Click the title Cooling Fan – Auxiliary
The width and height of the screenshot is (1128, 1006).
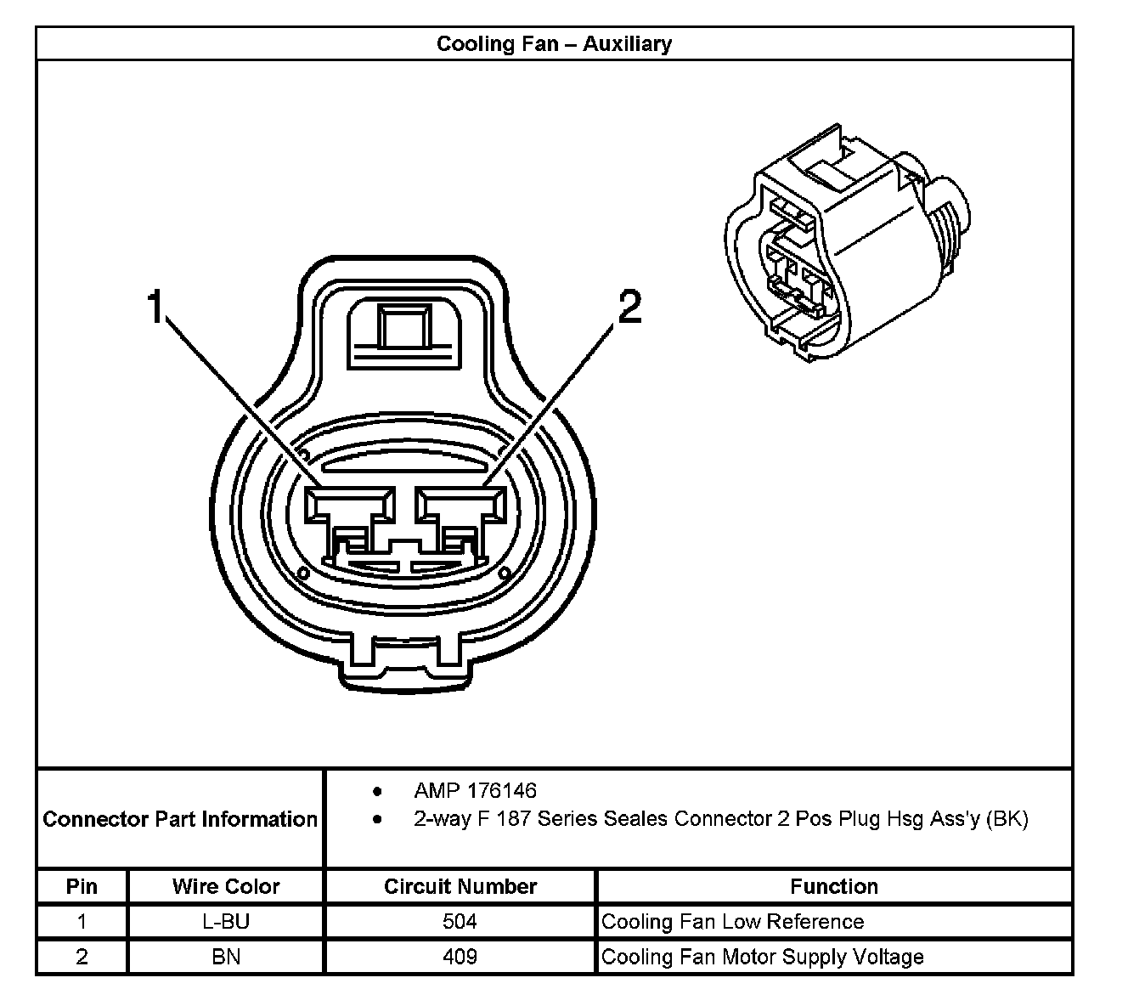coord(554,43)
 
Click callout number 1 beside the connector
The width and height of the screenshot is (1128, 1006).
coord(155,307)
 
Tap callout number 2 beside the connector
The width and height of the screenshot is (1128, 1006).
coord(629,307)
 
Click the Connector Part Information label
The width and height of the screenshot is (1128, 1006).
coord(180,819)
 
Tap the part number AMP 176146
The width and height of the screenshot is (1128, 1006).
coord(475,791)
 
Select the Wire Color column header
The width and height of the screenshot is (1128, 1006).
coord(226,886)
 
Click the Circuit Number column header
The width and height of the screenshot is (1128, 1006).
coord(460,886)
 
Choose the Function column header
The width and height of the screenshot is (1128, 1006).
coord(834,886)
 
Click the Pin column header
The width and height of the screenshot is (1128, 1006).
coord(82,886)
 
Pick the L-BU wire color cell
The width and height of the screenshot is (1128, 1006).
coord(226,922)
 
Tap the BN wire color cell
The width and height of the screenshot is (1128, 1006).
coord(226,957)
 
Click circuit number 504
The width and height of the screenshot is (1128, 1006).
coord(460,922)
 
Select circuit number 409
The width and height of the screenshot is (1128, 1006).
coord(460,957)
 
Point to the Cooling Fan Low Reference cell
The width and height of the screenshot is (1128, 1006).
coord(732,922)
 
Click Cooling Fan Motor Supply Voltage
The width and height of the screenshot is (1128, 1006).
coord(762,957)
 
